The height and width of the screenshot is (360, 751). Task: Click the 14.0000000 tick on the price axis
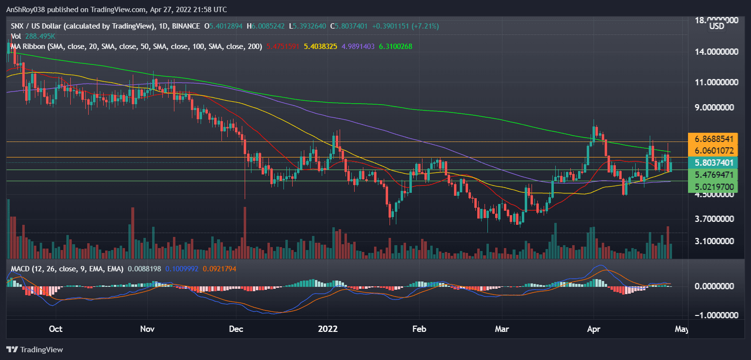tap(713, 52)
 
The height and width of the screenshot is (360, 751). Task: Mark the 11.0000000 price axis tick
tap(713, 82)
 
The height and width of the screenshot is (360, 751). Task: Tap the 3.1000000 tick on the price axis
tap(713, 241)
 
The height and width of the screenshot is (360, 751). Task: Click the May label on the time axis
tap(681, 329)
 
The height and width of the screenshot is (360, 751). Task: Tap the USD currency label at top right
tap(717, 26)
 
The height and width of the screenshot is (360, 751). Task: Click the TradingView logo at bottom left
tap(34, 349)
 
